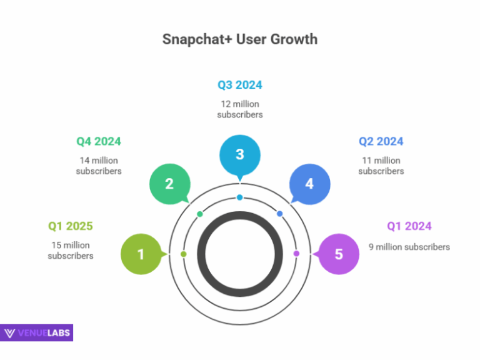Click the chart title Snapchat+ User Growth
[240, 39]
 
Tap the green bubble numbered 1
[141, 254]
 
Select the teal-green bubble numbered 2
[169, 184]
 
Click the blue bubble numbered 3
[240, 155]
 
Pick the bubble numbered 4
[309, 184]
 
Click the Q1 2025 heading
[71, 226]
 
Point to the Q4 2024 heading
[99, 141]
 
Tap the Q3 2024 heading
[240, 85]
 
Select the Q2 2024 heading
[381, 141]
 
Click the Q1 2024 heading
[409, 226]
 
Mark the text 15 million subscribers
[71, 250]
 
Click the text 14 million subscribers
[99, 166]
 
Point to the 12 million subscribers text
[240, 109]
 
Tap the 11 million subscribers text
[381, 166]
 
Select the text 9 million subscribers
[409, 247]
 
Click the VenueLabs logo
[37, 332]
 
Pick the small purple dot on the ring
[296, 254]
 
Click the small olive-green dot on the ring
[183, 254]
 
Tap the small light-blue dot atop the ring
[240, 197]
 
